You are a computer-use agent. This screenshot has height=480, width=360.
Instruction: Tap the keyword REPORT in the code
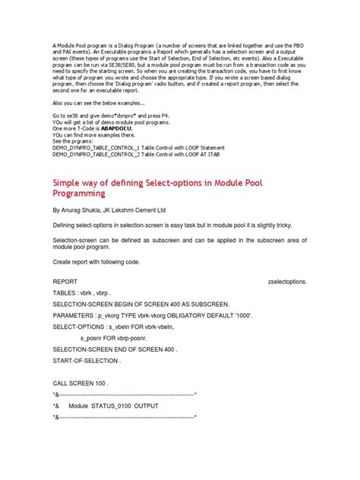pyautogui.click(x=67, y=280)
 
